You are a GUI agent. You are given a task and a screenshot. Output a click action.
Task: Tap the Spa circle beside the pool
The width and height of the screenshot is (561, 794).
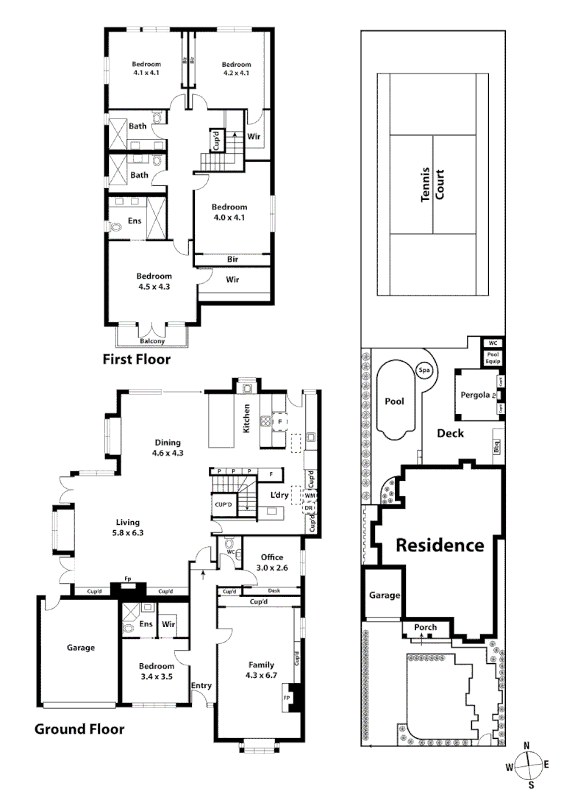click(x=424, y=371)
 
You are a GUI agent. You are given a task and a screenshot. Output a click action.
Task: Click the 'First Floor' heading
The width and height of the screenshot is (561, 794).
click(x=136, y=360)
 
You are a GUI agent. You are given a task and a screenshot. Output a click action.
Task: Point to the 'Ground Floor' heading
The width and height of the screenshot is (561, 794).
click(x=79, y=729)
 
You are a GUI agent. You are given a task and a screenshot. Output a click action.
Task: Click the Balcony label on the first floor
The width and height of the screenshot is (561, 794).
click(x=152, y=341)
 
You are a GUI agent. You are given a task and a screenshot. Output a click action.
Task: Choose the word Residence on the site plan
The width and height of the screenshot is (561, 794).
click(x=440, y=546)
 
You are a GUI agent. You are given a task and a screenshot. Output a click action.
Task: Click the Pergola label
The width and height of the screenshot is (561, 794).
click(x=475, y=395)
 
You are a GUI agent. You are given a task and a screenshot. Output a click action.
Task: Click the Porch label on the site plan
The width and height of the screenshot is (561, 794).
click(x=425, y=627)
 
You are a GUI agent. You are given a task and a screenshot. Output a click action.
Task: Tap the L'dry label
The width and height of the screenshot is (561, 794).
click(x=279, y=495)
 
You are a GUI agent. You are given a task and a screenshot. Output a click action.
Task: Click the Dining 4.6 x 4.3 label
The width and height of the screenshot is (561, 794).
click(x=168, y=448)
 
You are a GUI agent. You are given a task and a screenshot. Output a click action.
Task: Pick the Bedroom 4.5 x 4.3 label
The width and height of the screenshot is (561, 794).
click(x=153, y=281)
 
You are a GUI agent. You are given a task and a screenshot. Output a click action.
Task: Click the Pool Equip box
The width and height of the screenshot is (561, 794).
click(x=492, y=358)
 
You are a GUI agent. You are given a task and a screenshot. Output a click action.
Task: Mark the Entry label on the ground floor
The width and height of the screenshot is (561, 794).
click(x=201, y=685)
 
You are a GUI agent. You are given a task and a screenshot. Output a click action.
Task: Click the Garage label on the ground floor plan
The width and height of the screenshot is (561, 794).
click(x=81, y=648)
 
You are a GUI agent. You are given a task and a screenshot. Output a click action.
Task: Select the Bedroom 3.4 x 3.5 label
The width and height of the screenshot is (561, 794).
click(x=155, y=672)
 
